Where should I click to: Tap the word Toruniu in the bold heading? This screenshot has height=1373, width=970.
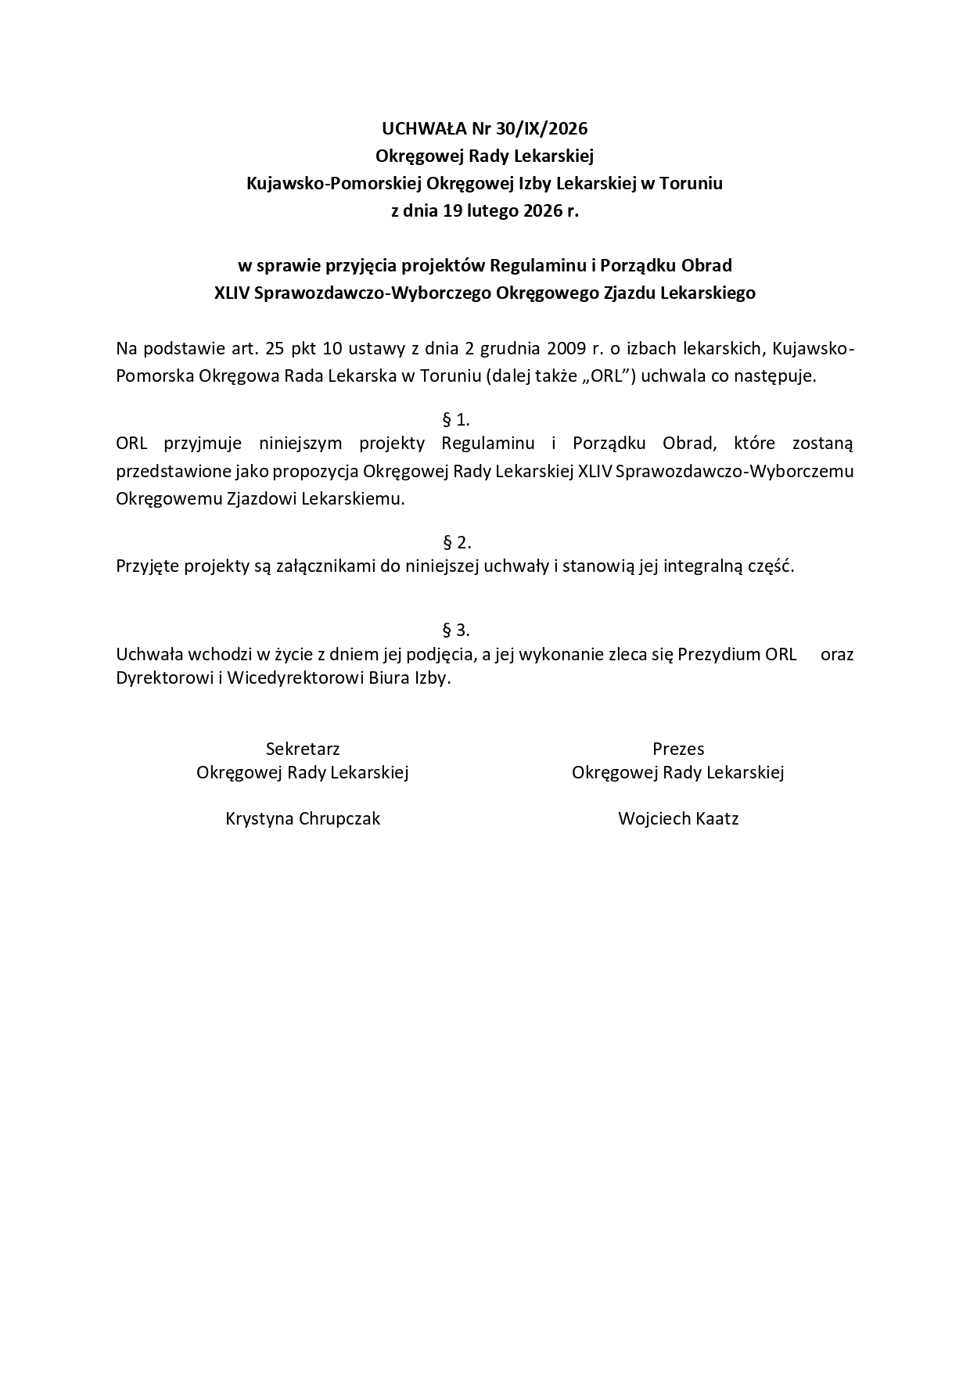(692, 183)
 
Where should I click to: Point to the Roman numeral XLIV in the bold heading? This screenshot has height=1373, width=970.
(232, 293)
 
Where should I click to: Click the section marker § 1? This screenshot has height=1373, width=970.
(456, 419)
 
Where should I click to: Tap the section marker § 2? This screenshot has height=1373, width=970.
(456, 542)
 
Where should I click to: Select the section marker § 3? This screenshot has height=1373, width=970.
(456, 630)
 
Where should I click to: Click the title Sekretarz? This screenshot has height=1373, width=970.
(303, 749)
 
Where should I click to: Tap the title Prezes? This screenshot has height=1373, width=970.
(678, 749)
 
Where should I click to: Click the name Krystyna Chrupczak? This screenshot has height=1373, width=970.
(303, 818)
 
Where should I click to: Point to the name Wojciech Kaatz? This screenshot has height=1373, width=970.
(678, 818)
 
